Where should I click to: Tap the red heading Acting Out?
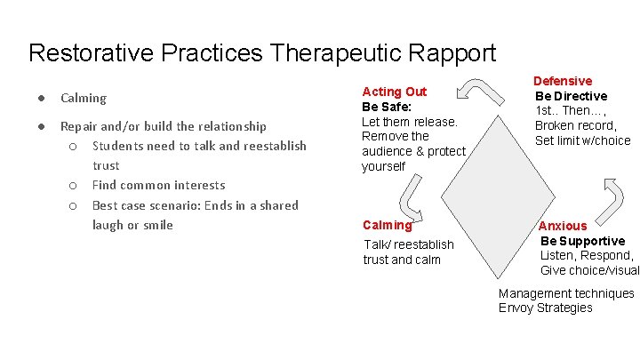394,92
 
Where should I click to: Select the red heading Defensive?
562,81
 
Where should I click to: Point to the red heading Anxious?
563,226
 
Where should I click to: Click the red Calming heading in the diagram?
387,225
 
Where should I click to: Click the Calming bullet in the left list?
84,98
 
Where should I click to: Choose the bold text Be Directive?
571,96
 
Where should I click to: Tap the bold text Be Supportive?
582,241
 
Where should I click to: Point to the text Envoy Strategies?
545,308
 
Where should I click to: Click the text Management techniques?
566,293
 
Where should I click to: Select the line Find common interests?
158,185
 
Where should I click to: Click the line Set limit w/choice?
582,140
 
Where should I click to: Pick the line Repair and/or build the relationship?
163,126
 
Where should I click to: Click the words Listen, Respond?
587,255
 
